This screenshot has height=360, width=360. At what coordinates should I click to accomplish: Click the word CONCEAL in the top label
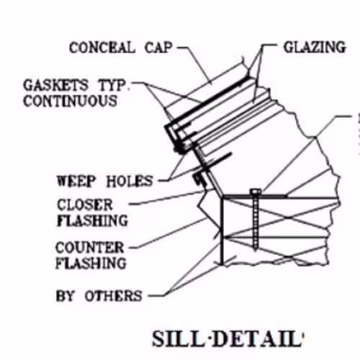(x=102, y=48)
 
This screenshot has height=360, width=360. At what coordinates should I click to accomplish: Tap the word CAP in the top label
(x=158, y=48)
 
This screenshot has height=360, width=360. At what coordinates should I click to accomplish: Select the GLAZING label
(x=315, y=47)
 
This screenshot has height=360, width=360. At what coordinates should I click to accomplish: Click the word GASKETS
(x=55, y=85)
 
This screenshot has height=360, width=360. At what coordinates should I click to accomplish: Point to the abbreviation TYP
(x=112, y=85)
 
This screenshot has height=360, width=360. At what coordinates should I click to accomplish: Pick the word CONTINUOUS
(x=70, y=101)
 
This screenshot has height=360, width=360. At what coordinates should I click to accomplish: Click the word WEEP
(x=76, y=181)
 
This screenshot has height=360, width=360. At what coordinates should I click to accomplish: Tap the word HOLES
(x=130, y=181)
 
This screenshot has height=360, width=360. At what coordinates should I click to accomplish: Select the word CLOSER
(x=85, y=204)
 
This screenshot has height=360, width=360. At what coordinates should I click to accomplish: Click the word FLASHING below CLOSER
(x=93, y=220)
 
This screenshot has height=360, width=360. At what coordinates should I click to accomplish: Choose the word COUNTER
(x=90, y=248)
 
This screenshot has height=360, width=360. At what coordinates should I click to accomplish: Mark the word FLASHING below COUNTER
(x=91, y=264)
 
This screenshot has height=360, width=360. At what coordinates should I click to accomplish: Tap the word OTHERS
(x=114, y=296)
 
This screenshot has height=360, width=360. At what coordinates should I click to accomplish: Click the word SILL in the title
(x=178, y=338)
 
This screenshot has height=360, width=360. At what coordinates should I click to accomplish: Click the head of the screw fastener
(x=256, y=192)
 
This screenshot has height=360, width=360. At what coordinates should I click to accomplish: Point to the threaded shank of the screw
(x=256, y=221)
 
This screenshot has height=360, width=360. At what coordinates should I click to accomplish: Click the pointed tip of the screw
(x=256, y=251)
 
